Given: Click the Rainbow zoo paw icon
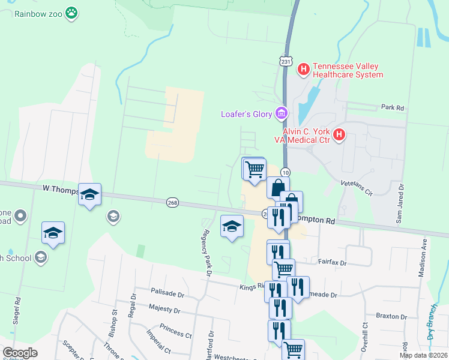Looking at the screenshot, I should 72,13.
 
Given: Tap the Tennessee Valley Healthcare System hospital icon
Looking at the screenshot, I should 303,69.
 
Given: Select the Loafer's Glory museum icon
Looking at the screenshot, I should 280,113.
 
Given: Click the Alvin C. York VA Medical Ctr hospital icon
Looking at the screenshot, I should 339,134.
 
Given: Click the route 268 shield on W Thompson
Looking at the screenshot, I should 173,203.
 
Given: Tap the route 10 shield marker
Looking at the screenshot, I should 285,173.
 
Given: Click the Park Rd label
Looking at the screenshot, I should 393,107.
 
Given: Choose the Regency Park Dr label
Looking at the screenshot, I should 207,252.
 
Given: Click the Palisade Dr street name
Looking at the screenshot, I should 167,295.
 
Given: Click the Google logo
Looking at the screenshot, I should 20,353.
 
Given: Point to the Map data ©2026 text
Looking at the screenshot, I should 424,355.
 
